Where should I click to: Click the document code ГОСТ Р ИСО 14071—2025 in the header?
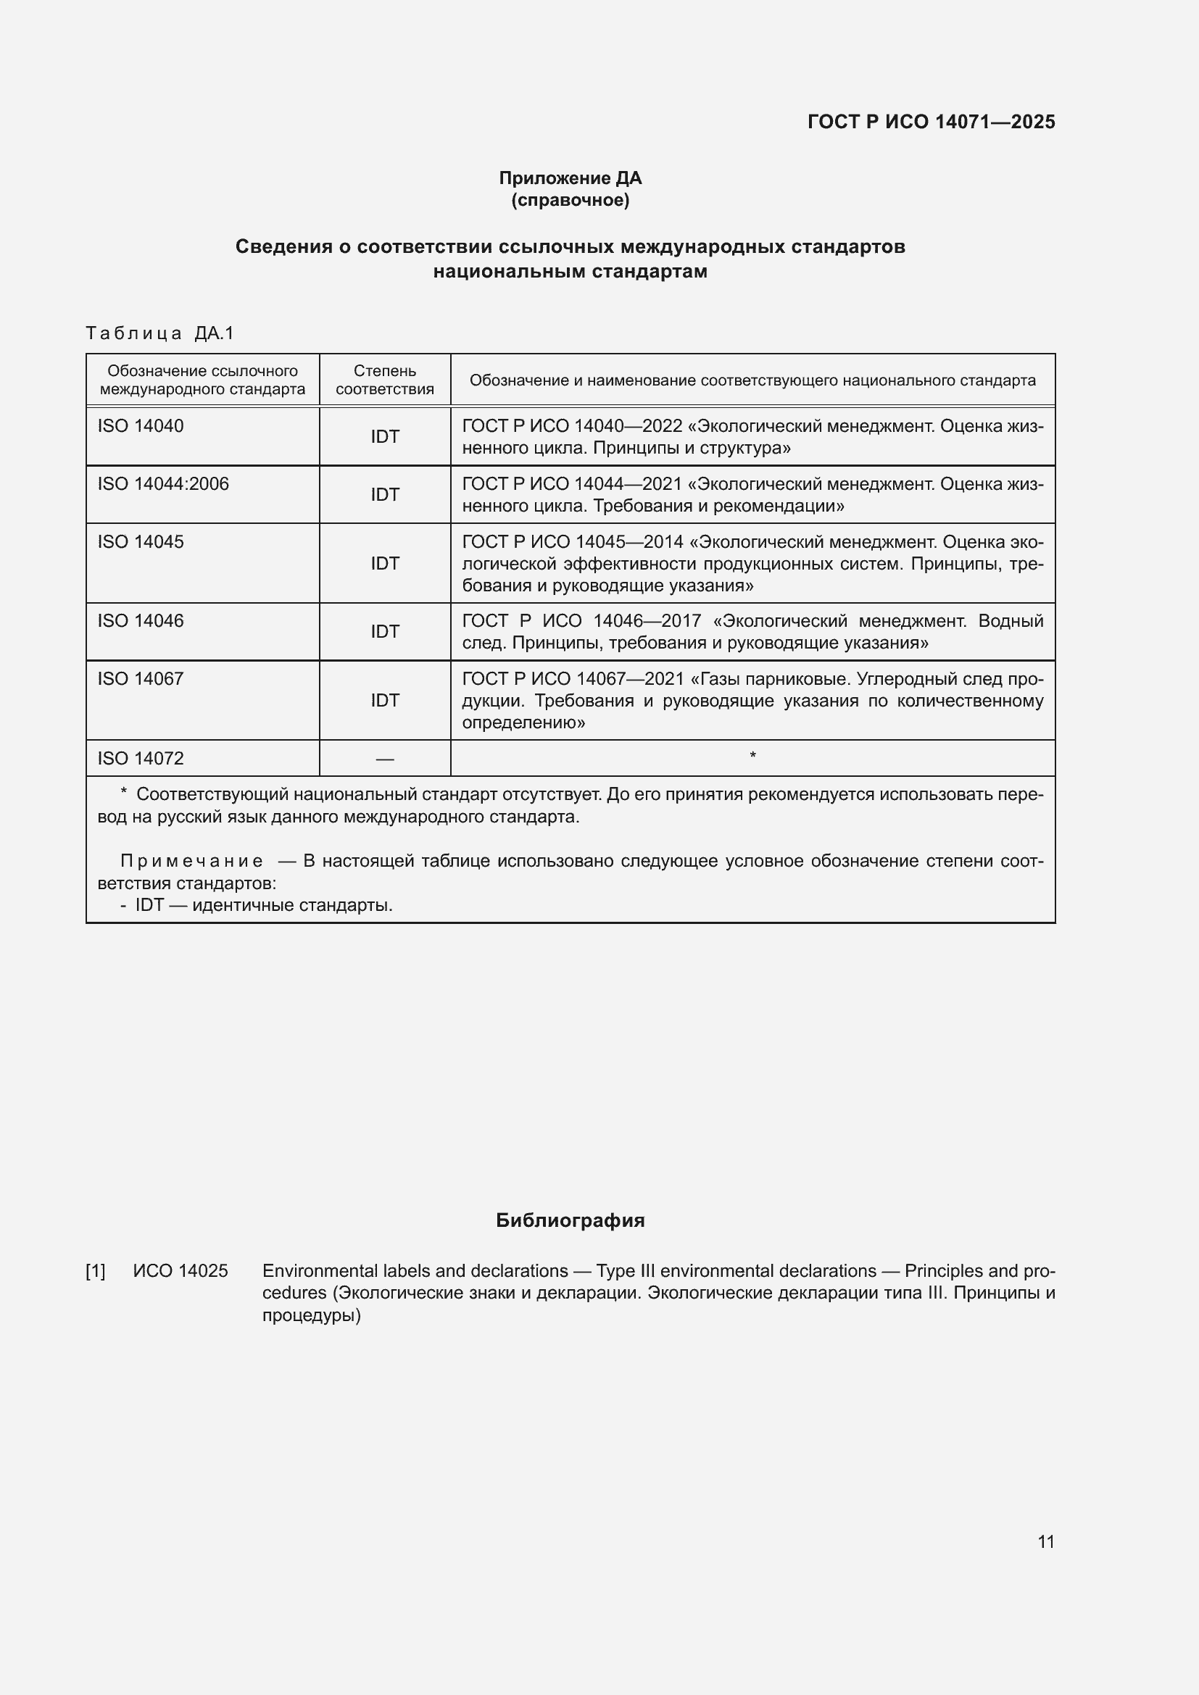[x=931, y=122]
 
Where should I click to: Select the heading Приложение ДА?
[x=570, y=178]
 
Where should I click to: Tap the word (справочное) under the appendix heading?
[x=570, y=200]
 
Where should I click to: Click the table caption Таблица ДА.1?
[x=159, y=333]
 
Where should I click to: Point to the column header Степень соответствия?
[x=385, y=380]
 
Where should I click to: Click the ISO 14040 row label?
[x=141, y=426]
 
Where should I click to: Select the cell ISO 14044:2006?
[x=163, y=484]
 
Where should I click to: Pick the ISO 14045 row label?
[x=141, y=542]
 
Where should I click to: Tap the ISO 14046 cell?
[x=141, y=621]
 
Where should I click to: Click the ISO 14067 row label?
[x=141, y=679]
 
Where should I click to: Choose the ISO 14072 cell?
[x=141, y=759]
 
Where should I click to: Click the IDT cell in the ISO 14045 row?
[x=385, y=564]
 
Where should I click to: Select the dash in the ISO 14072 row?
[x=385, y=759]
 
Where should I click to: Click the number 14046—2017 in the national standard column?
[x=647, y=621]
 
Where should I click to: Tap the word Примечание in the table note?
[x=191, y=862]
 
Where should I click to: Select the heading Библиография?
[x=570, y=1220]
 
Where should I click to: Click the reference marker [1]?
[x=96, y=1271]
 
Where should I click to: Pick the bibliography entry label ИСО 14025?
[x=181, y=1271]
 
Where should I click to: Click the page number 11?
[x=1045, y=1541]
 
